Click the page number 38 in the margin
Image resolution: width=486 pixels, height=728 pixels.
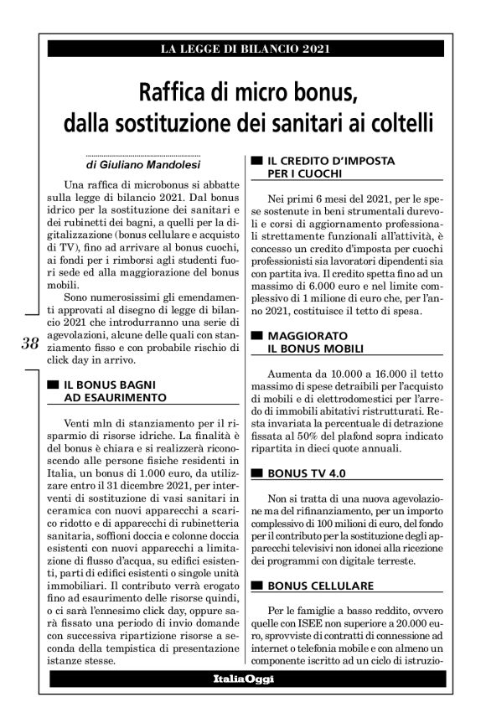coord(30,343)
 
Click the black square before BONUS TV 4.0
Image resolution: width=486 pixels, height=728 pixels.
coord(255,473)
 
